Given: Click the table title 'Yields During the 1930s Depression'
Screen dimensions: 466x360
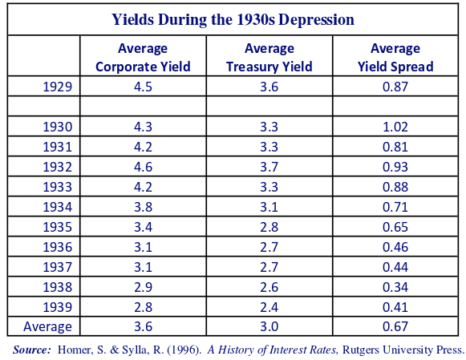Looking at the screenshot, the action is (233, 20).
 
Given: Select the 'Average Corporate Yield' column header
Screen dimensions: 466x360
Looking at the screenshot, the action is (143, 57).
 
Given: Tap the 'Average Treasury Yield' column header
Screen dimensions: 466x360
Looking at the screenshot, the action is (269, 57).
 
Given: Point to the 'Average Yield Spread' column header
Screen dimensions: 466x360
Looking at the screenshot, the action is (395, 57).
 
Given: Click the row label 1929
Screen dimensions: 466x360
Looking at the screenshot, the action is (58, 87).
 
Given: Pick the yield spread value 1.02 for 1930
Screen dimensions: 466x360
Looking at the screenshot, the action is (395, 127).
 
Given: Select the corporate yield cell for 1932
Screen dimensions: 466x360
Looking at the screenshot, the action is (143, 167).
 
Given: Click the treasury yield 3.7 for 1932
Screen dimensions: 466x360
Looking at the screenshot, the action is (269, 167).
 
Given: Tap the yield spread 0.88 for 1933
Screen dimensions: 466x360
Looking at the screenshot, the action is (395, 187).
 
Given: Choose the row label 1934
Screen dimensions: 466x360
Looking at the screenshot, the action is (58, 207).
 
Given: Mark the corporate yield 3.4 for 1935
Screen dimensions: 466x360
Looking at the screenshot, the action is (143, 227).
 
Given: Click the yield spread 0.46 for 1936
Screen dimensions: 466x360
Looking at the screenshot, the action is (395, 247).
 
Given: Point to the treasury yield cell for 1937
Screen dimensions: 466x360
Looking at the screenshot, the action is (269, 267).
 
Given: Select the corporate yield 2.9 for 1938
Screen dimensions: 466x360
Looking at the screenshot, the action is (143, 287).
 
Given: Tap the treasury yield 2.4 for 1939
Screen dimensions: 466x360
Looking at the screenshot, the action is (269, 307).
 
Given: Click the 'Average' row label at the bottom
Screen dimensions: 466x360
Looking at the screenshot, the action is (47, 327).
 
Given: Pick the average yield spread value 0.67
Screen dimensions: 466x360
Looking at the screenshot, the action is (395, 326).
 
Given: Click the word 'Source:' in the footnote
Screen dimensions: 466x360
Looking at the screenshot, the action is (32, 350).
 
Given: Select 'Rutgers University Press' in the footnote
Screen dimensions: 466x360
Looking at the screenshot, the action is (403, 350).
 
